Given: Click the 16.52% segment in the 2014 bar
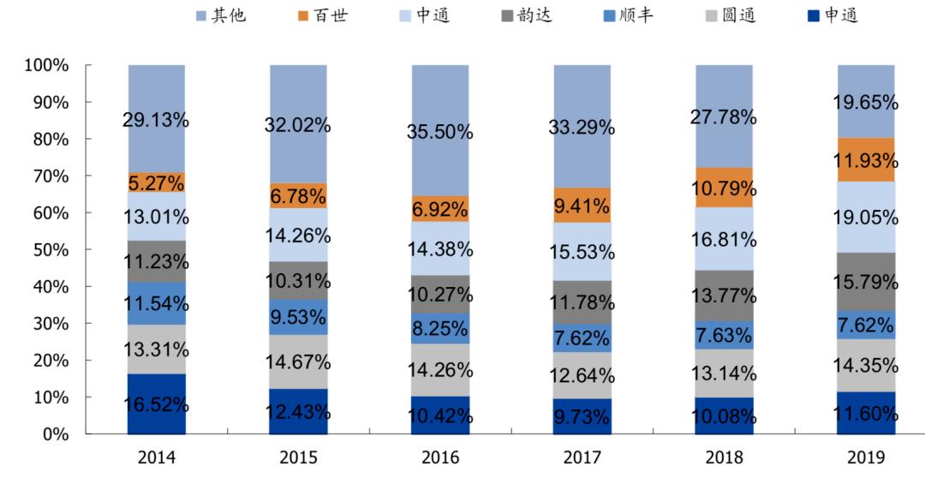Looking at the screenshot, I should pos(157,404).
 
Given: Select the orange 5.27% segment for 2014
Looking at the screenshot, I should pos(157,182).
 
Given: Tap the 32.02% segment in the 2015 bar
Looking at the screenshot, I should pos(298,124).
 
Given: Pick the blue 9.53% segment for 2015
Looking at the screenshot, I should pos(298,317).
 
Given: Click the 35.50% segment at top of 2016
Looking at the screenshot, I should pos(440,130).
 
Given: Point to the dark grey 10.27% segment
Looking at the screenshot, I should pos(440,294).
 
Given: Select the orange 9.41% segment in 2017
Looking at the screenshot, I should pos(582,206).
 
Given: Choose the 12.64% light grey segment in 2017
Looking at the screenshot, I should pos(582,375).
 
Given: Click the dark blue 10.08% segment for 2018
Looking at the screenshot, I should pos(724,416).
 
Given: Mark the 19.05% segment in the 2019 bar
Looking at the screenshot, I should pos(866,217).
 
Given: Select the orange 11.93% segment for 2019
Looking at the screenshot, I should pos(866,160).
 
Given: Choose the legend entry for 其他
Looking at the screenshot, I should pos(220,15).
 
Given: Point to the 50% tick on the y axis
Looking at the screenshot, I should pos(51,250).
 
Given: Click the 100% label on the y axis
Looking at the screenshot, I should pos(47,65).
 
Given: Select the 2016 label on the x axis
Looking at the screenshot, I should pos(440,458).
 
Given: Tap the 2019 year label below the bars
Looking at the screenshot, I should pos(866,458).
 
